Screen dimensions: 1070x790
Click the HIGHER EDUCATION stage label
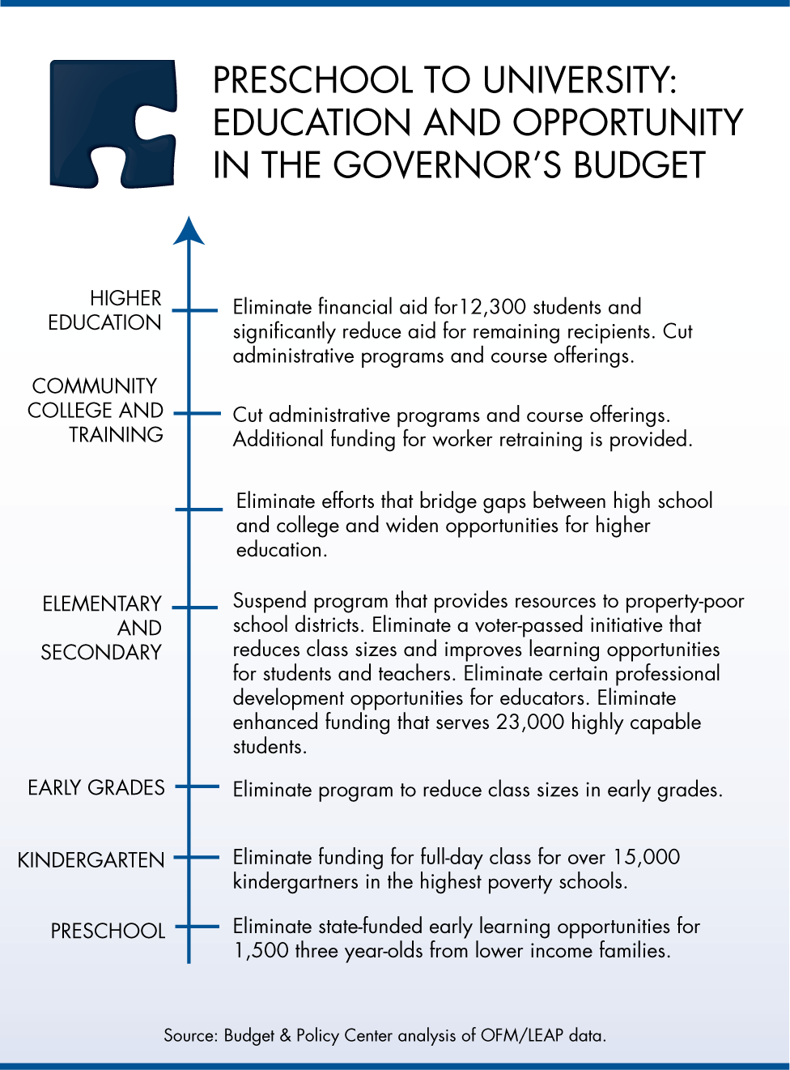point(104,310)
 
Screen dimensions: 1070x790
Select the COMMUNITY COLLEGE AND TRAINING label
point(96,410)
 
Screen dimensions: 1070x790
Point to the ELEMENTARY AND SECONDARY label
point(102,628)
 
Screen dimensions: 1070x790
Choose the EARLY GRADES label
point(96,787)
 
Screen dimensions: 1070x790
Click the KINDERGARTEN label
point(91,859)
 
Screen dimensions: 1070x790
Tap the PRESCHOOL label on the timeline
point(108,931)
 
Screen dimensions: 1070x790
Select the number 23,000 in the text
point(530,722)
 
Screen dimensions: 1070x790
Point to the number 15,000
point(646,857)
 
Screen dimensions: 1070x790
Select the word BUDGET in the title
point(640,164)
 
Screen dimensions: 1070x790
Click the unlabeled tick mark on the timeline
point(198,509)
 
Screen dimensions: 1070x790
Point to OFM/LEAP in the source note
point(521,1035)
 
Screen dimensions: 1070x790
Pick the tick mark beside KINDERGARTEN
point(197,857)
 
